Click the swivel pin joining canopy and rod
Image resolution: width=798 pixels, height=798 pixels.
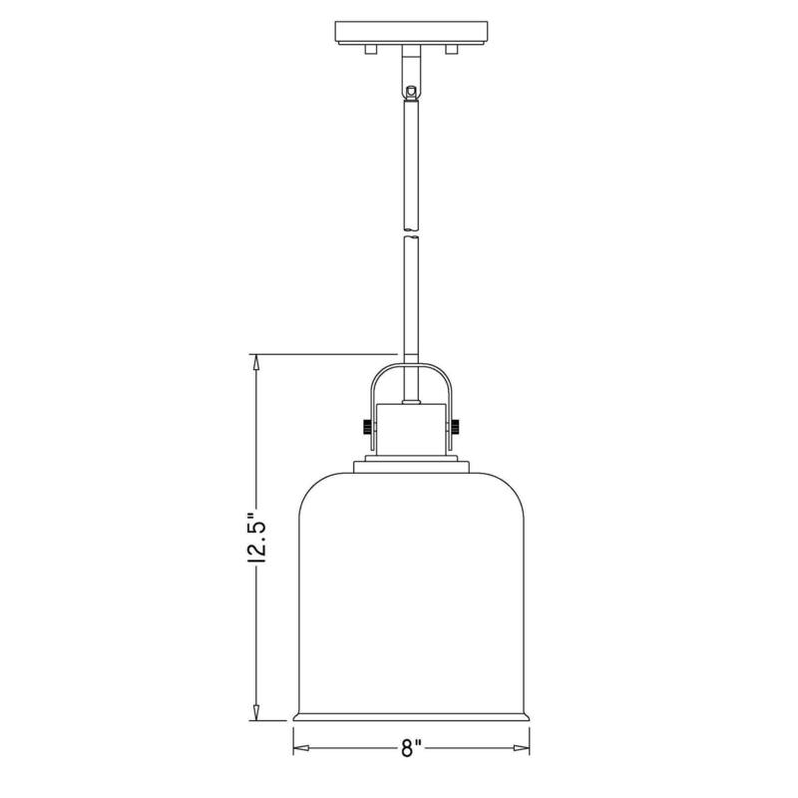[410, 89]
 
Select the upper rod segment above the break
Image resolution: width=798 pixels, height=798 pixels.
[410, 160]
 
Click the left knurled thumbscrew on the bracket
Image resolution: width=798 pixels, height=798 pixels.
[366, 426]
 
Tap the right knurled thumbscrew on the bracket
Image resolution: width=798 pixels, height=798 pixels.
[455, 426]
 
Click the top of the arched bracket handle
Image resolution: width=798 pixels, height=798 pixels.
[410, 365]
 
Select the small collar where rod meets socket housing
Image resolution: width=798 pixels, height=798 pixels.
[410, 401]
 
